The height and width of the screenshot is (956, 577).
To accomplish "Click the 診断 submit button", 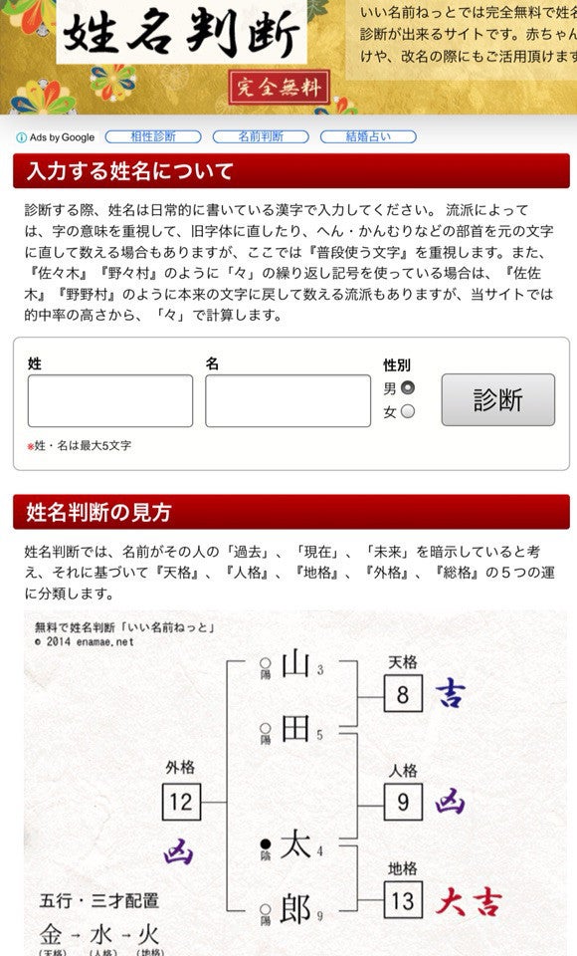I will point(497,399).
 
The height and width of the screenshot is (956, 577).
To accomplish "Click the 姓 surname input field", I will point(110,400).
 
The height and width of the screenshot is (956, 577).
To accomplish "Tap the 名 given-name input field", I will point(288,400).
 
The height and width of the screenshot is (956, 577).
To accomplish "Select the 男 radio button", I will point(407,387).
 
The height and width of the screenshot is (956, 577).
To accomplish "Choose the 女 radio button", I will point(407,411).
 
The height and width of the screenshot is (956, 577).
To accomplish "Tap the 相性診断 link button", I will point(153,136).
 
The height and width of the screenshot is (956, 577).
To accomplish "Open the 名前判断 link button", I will point(260,136).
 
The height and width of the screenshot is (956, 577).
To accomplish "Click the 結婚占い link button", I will point(367,136).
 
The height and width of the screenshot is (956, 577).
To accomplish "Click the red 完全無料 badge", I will point(279,88).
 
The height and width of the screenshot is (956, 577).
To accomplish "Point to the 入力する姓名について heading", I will point(130,171).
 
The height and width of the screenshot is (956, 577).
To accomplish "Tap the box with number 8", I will point(403,693).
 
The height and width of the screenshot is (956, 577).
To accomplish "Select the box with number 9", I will point(403,801).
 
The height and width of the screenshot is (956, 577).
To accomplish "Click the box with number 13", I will point(403,900).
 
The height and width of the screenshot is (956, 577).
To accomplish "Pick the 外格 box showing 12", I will point(181,801).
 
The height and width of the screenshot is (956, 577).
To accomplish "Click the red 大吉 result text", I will point(468,901).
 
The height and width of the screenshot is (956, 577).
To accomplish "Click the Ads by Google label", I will point(56,137).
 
